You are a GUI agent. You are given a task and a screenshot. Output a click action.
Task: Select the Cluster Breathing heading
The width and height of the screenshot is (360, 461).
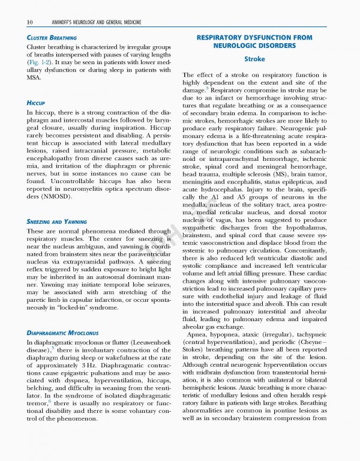51,37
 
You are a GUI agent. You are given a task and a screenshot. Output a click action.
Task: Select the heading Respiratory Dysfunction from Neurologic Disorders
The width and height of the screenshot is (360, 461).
254,41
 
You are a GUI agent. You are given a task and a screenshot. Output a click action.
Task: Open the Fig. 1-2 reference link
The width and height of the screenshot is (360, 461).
40,62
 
